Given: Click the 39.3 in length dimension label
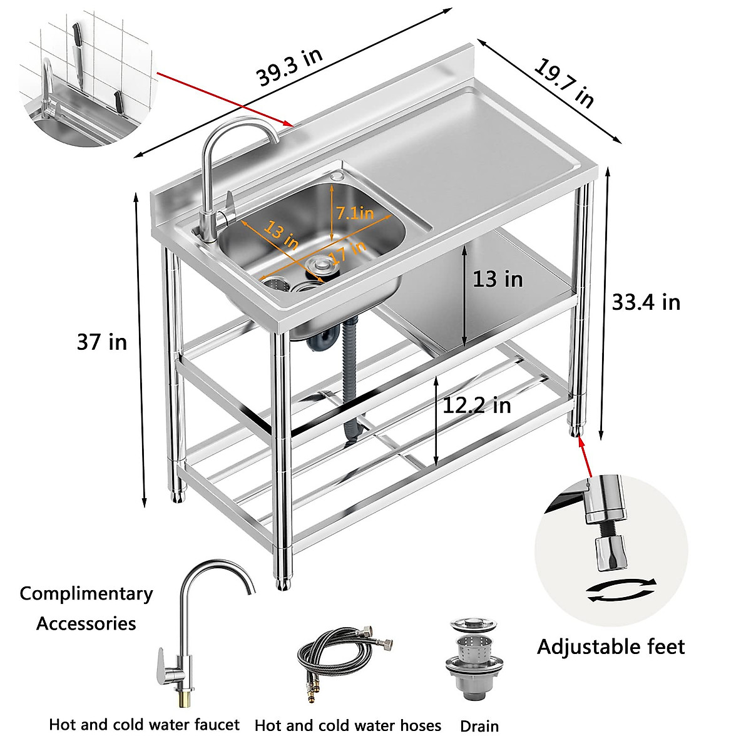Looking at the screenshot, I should pos(289,67).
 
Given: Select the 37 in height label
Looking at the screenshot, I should pos(101,342).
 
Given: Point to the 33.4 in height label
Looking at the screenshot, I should pos(645,302).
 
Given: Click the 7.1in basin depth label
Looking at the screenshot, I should pos(355,213).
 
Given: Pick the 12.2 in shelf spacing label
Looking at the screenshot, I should pos(477,406).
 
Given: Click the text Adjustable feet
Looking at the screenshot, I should pos(611,646).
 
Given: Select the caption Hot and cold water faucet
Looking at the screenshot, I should pos(144,725).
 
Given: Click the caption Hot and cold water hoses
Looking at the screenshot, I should pos(347,725).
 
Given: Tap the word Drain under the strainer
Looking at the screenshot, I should pos(479,726).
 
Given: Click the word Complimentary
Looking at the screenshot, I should pos(86,593).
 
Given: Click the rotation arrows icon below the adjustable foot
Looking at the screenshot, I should pos(621,590).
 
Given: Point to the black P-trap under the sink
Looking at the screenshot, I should pos(322,341).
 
